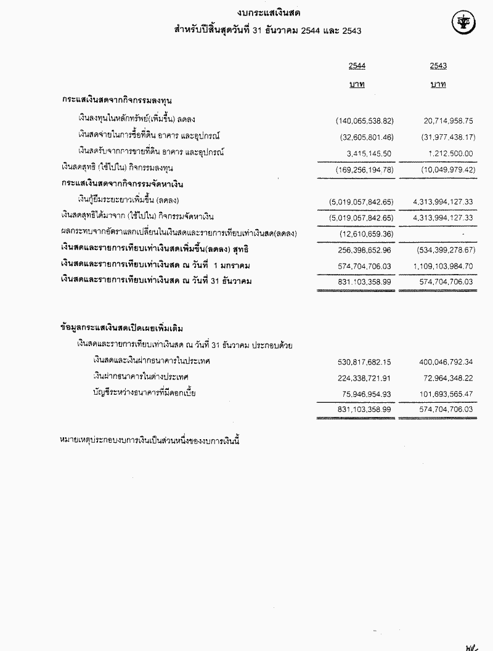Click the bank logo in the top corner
pos(463,23)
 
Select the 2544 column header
pos(356,66)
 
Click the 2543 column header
pos(438,66)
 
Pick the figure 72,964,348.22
pos(444,376)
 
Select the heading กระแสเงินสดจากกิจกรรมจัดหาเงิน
pos(124,184)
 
